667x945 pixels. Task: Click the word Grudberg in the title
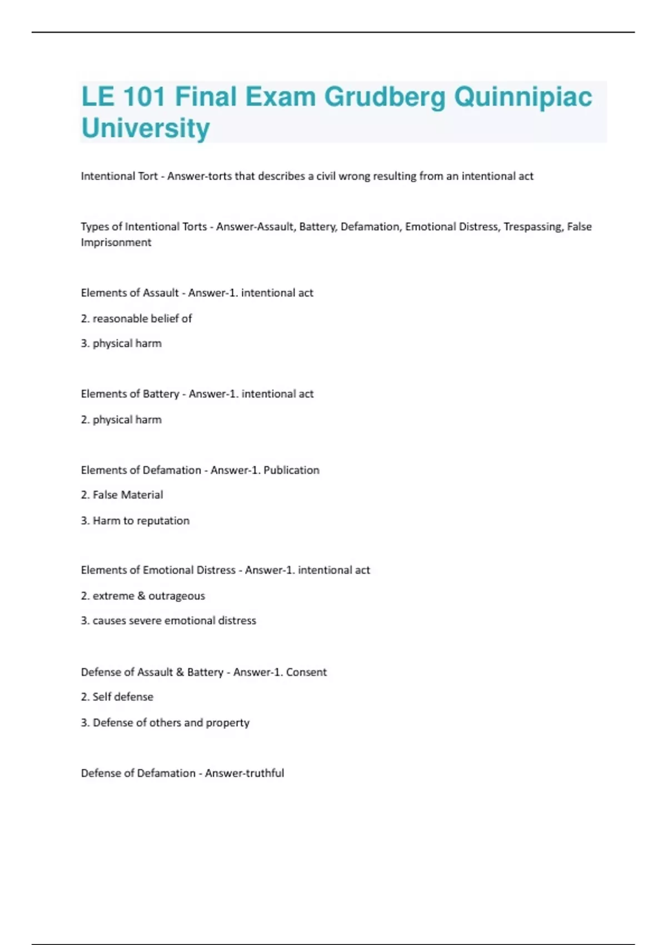click(x=384, y=97)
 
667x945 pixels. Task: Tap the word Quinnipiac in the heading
click(x=523, y=97)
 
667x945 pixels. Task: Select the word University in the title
click(x=146, y=128)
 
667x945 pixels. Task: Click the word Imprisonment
click(x=116, y=242)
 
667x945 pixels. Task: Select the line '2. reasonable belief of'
click(x=136, y=319)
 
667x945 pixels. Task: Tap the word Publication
click(x=291, y=470)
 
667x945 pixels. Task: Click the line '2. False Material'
click(x=122, y=495)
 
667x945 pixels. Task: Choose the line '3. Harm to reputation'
click(x=135, y=521)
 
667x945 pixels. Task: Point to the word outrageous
click(x=177, y=596)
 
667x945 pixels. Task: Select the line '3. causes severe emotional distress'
click(x=168, y=620)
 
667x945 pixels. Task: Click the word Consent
click(x=306, y=672)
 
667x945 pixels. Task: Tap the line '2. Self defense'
click(x=117, y=697)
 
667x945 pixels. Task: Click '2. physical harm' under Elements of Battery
click(x=121, y=420)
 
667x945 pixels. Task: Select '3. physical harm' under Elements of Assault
click(x=121, y=344)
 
